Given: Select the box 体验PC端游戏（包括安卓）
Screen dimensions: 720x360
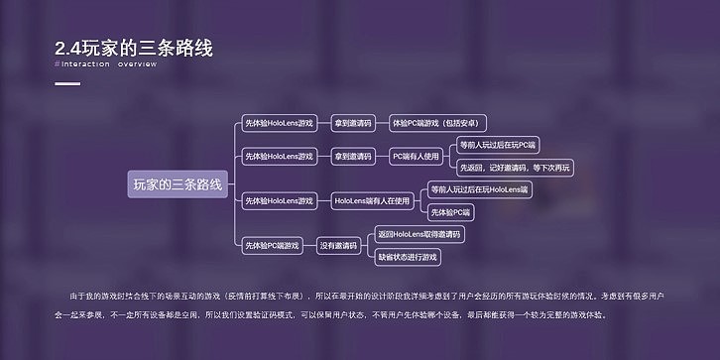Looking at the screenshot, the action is click(x=437, y=123).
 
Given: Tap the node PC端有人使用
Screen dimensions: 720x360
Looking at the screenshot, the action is click(x=416, y=156).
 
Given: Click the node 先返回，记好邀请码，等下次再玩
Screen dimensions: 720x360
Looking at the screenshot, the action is click(x=515, y=168).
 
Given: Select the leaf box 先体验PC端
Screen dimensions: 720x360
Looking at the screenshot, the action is click(x=452, y=212).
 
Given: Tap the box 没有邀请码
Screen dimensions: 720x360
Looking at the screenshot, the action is click(x=338, y=245).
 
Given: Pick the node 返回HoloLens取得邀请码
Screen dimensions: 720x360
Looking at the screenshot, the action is click(x=420, y=234).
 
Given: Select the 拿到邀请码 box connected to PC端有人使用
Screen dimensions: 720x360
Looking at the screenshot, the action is click(x=352, y=156).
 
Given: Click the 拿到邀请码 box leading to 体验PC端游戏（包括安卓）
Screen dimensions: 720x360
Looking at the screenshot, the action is click(x=352, y=123).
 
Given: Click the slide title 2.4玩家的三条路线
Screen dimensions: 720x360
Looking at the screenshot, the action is click(x=134, y=47).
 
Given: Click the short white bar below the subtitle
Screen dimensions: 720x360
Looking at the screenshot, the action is click(x=67, y=83).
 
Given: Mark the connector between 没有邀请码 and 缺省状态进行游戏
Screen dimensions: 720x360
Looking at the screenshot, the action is click(x=368, y=253).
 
